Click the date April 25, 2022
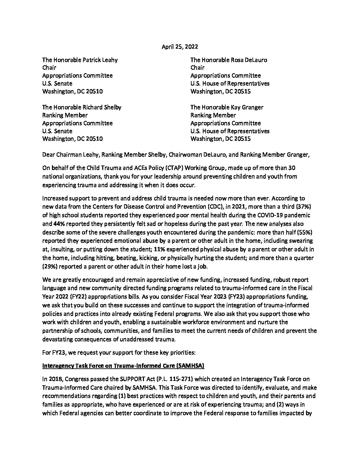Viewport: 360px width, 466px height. pos(180,47)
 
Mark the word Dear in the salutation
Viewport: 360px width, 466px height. pos(49,154)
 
